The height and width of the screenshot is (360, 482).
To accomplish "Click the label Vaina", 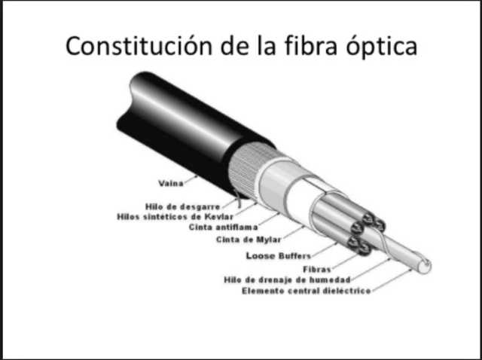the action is coord(173,183).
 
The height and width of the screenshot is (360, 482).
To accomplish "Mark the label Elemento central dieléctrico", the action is coord(306,291).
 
